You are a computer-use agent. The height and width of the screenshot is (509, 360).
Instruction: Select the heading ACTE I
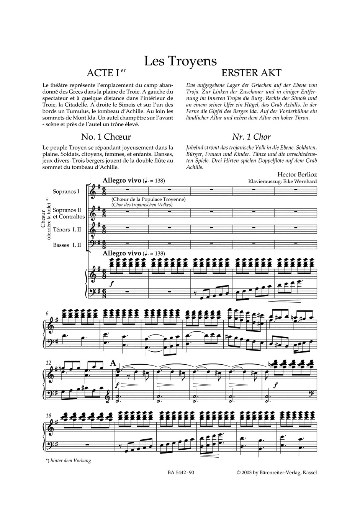pyautogui.click(x=104, y=73)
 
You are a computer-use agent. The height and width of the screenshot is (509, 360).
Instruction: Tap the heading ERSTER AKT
pyautogui.click(x=252, y=73)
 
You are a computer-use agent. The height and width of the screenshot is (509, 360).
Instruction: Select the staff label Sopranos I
pyautogui.click(x=66, y=191)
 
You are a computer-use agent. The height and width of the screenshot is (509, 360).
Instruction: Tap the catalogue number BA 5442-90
pyautogui.click(x=181, y=473)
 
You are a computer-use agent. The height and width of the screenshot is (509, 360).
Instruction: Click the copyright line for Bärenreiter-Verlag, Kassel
pyautogui.click(x=277, y=473)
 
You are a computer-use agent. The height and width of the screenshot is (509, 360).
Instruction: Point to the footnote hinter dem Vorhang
pyautogui.click(x=68, y=460)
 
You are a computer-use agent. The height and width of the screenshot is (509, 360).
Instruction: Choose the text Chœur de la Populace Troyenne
pyautogui.click(x=149, y=199)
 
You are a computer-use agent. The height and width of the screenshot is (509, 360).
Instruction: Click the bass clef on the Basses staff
pyautogui.click(x=93, y=244)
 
